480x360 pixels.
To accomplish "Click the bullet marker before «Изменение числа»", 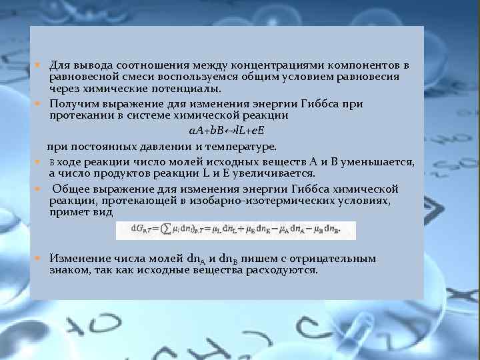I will coord(39,258).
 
